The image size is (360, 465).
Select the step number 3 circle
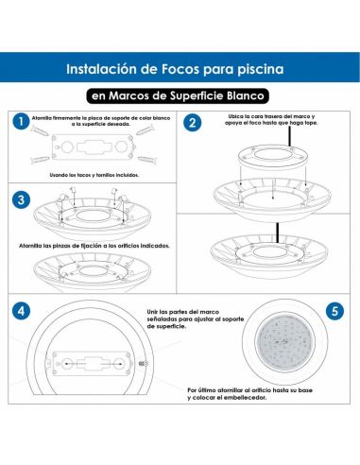20,199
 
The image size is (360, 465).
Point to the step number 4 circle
20,309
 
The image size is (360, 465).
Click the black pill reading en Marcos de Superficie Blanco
180,95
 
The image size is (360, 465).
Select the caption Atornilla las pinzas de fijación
100,246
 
